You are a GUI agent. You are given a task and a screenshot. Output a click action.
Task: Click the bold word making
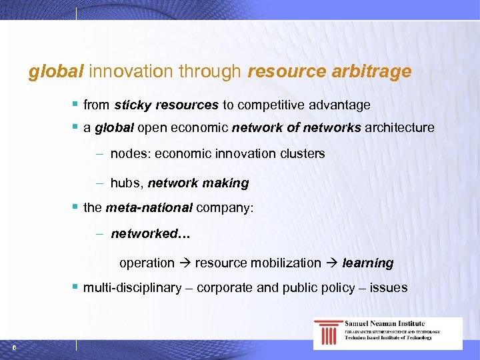pyautogui.click(x=226, y=183)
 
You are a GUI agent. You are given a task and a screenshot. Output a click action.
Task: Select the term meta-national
pyautogui.click(x=149, y=207)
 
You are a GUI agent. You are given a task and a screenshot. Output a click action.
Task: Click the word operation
pyautogui.click(x=147, y=263)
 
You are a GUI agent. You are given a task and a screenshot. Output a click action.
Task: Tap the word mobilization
pyautogui.click(x=285, y=263)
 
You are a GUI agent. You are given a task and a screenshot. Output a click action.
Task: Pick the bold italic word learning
pyautogui.click(x=368, y=263)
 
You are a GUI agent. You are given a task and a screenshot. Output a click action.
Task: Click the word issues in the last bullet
pyautogui.click(x=390, y=288)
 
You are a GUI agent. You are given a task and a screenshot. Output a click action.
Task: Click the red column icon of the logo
pyautogui.click(x=328, y=332)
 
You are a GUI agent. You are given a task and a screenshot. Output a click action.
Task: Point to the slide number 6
pyautogui.click(x=14, y=347)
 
